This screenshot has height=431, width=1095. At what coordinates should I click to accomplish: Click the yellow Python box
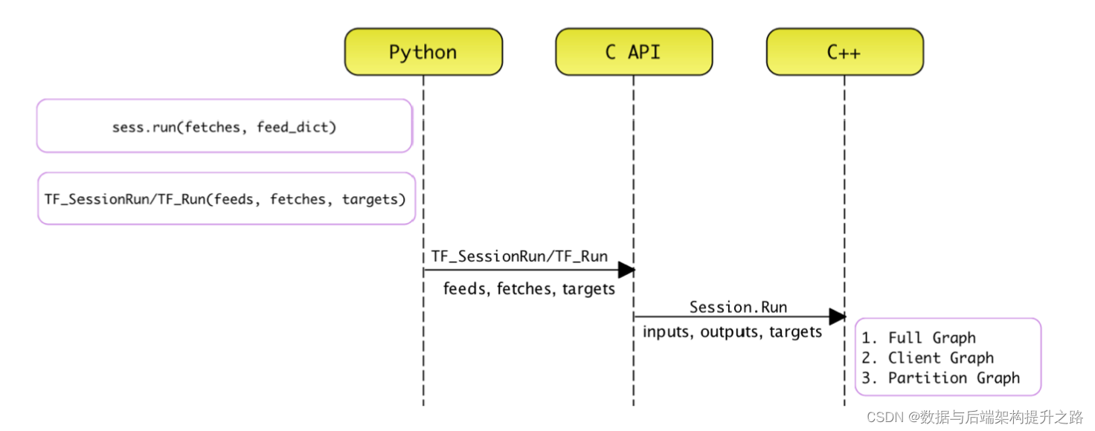(x=423, y=52)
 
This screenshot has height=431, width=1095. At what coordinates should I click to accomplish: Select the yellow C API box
(x=634, y=52)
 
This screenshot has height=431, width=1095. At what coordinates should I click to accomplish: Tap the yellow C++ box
(x=844, y=52)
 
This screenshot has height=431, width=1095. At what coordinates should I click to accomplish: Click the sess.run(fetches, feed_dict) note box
(x=224, y=126)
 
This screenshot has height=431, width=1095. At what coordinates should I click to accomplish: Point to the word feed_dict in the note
(x=296, y=127)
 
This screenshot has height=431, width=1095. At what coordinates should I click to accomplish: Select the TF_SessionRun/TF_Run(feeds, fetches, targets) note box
(x=226, y=198)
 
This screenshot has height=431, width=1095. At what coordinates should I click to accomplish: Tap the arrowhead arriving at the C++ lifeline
(x=837, y=317)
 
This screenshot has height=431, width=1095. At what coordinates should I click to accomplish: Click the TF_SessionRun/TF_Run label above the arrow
(x=519, y=256)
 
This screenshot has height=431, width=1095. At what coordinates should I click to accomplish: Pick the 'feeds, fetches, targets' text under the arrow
(x=529, y=288)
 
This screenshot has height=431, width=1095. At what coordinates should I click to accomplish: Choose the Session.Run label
(x=738, y=307)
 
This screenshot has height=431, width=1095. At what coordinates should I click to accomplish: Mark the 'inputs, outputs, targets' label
(x=733, y=331)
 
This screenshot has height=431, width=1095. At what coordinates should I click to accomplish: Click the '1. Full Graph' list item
(x=919, y=338)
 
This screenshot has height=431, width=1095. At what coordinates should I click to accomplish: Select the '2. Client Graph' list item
(x=928, y=357)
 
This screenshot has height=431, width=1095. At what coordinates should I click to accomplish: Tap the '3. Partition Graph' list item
(x=941, y=377)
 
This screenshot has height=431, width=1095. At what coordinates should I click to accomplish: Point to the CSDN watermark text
(x=974, y=417)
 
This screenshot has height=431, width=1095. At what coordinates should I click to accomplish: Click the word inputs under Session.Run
(x=666, y=331)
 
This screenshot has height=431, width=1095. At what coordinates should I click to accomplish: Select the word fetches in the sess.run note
(x=212, y=127)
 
